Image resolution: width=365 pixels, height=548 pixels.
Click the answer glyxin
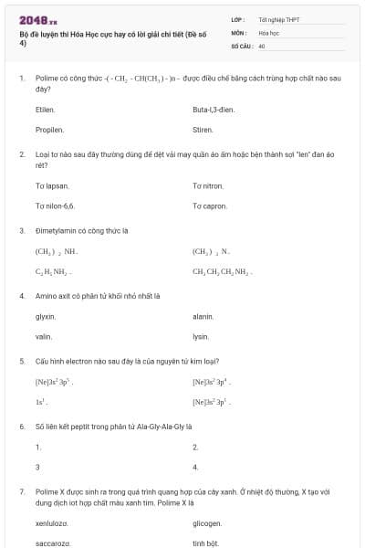[x=45, y=317]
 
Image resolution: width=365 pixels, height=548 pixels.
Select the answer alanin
[x=203, y=317]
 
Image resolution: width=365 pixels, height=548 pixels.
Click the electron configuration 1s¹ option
[x=40, y=402]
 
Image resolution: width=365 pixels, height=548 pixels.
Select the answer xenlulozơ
[x=51, y=523]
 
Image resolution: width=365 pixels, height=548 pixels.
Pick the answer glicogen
[x=207, y=523]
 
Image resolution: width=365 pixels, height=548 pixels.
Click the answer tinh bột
[x=204, y=543]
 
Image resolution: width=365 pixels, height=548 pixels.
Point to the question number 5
[x=21, y=360]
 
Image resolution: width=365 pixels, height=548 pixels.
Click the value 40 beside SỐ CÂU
[x=262, y=45]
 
